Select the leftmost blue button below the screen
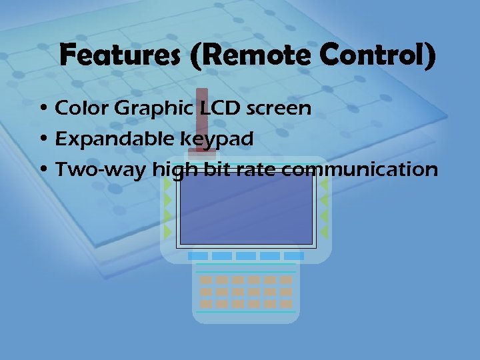(198, 256)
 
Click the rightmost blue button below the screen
(294, 256)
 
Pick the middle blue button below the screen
(246, 256)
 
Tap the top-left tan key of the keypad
(207, 280)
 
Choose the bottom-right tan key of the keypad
(286, 303)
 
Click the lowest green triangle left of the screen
(168, 232)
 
